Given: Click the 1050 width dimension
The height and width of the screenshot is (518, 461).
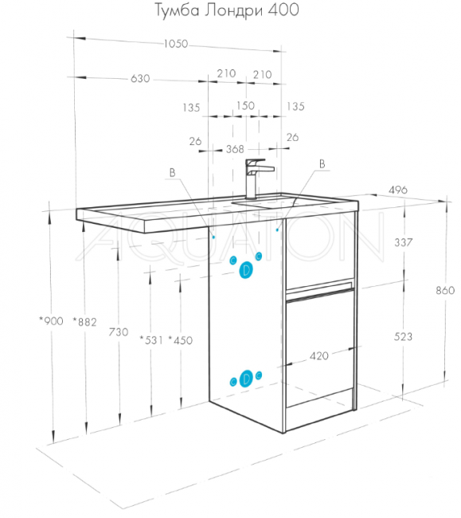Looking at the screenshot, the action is tap(175, 44).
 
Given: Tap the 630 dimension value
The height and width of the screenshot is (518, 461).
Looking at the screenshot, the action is tap(140, 79).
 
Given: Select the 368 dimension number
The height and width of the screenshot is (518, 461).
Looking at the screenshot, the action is tap(235, 149).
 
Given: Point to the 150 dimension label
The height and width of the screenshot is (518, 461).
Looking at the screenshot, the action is tap(245, 106).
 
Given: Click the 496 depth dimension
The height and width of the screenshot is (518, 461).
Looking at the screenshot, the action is tap(398, 190).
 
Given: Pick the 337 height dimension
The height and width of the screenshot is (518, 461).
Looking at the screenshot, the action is tap(404, 242).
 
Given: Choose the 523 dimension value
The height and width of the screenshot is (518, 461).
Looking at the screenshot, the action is tap(403, 336).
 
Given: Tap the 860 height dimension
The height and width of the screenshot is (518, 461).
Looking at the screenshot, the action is tap(445, 290).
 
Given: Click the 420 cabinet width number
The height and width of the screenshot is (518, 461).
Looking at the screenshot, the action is tap(319, 355).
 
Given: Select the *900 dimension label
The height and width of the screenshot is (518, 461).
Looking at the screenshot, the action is tap(51, 320).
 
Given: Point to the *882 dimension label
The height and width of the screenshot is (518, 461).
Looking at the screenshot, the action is tap(85, 321).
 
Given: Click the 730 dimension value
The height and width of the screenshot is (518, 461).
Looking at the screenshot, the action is tap(119, 332).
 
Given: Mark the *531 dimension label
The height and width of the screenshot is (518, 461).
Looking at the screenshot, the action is tap(151, 339).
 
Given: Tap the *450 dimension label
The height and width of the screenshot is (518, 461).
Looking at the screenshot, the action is tap(181, 340).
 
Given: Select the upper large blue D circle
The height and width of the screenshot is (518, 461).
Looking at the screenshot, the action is tap(246, 270).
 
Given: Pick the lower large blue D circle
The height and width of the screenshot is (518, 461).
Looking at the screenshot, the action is tap(246, 379).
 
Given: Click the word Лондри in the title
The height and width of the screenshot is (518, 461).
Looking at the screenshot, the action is tap(233, 10).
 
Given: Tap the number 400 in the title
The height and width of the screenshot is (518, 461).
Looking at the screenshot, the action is tap(283, 10).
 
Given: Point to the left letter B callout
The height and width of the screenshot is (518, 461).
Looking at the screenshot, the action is tap(172, 173).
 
